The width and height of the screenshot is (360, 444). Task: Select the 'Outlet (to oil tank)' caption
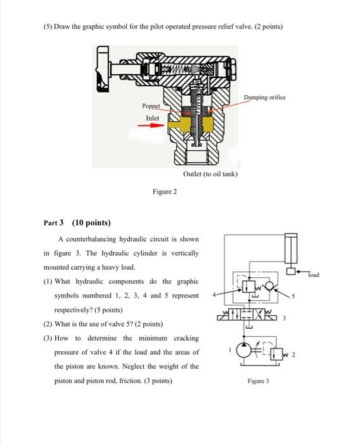click(210, 173)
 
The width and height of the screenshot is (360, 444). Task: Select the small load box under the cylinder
click(291, 271)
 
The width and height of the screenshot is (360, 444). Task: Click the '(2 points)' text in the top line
click(265, 27)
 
